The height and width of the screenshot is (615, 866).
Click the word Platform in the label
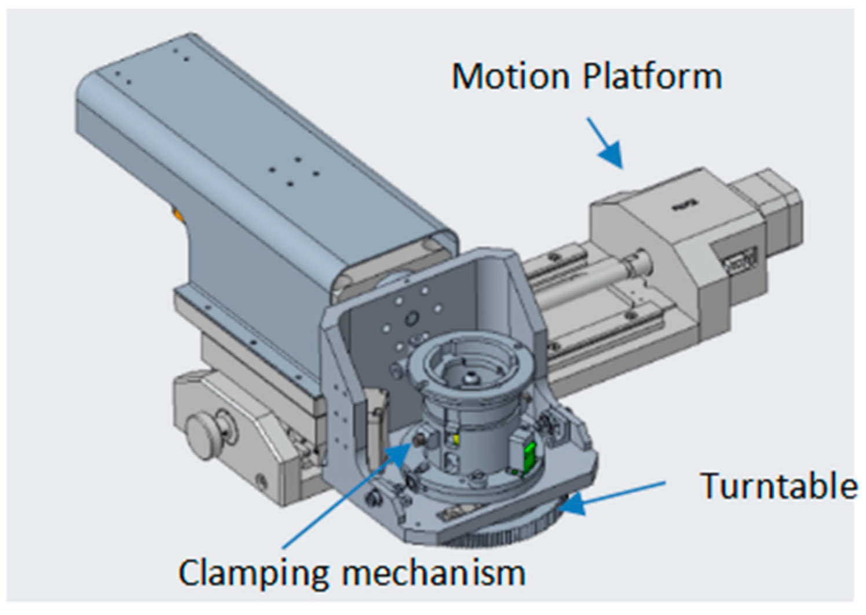click(x=652, y=76)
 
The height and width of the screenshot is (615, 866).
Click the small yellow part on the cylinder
click(x=456, y=441)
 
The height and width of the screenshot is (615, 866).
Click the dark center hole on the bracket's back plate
click(x=412, y=317)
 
